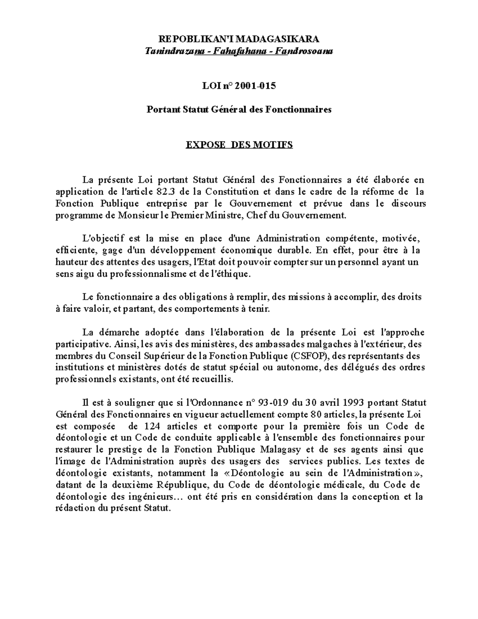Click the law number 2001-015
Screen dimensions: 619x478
click(255, 86)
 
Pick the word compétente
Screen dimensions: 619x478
click(351, 239)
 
